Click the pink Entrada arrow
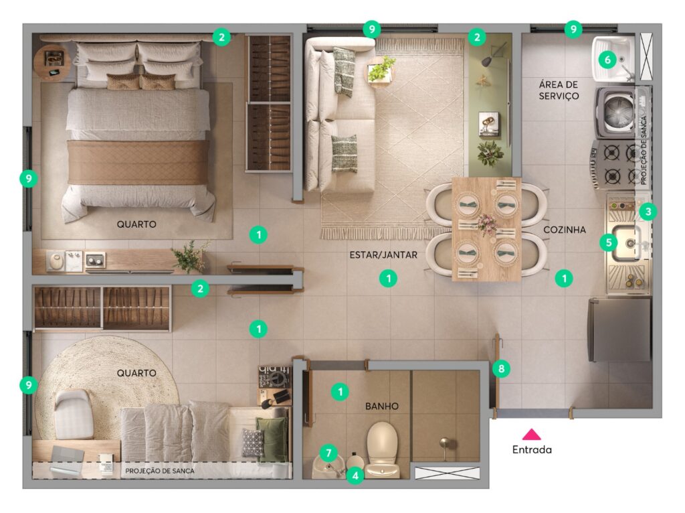coord(532,434)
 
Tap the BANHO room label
coord(382,407)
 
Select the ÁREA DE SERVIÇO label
coord(559,90)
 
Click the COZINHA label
coord(565,230)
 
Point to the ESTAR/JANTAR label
coord(383,255)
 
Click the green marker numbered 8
coord(501,369)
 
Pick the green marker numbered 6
coord(607,59)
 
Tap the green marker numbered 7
coord(328,453)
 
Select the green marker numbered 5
coord(609,242)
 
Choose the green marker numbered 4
coord(355,475)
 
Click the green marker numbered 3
coord(648,212)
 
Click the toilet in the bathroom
coord(382,449)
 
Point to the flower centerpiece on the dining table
coord(486,224)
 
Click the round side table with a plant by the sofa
coord(380,71)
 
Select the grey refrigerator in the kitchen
coord(619,329)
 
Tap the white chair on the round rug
coord(73,414)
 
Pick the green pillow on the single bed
coord(272,439)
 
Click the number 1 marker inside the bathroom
coord(340,391)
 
